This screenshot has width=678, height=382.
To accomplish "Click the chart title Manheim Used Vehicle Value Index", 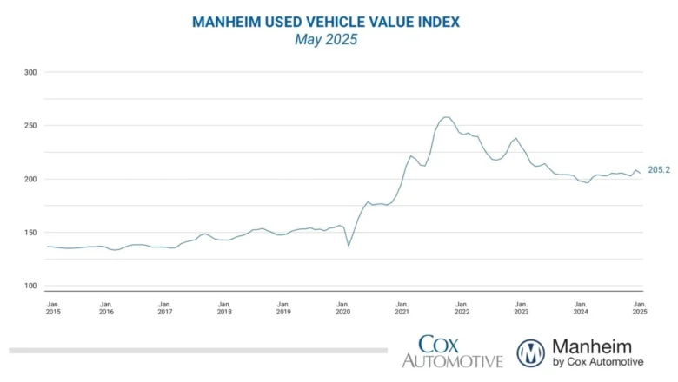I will [x=326, y=22].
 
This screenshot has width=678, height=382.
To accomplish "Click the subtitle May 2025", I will [x=326, y=39].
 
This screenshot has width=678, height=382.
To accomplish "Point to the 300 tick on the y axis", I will [x=30, y=72].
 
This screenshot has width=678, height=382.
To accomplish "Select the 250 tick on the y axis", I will [x=30, y=126].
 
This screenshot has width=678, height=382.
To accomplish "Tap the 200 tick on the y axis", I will [x=30, y=179].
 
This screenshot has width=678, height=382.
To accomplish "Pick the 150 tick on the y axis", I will [x=30, y=233].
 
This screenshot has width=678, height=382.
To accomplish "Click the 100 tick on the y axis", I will [x=30, y=286].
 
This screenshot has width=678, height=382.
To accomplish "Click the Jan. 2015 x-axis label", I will [x=53, y=307].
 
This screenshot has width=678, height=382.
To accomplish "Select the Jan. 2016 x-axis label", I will [x=106, y=307].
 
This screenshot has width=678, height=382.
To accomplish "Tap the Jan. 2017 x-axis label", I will [x=165, y=307].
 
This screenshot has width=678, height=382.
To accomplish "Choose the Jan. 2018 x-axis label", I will [x=224, y=307].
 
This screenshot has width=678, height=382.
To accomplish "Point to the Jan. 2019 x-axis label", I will [x=283, y=307].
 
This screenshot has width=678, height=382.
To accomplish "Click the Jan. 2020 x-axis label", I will [x=342, y=307].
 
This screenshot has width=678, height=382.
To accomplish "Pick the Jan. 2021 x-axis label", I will [x=402, y=307].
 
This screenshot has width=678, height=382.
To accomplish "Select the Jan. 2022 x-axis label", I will [x=461, y=307].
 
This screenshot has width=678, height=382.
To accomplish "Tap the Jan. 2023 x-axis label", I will [x=520, y=307].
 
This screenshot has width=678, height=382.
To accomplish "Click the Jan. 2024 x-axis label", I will [x=579, y=307].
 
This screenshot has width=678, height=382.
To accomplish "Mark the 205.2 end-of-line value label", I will [x=659, y=170].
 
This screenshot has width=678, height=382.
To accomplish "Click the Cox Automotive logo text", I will [x=451, y=352].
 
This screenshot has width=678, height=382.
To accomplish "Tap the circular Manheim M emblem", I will [x=530, y=352].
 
